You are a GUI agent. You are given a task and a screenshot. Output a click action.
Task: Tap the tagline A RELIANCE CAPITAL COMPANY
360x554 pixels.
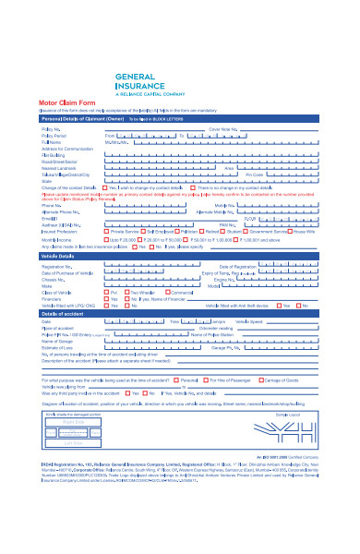pyautogui.click(x=147, y=94)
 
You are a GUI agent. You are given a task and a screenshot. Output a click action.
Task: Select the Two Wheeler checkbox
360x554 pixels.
pyautogui.click(x=136, y=293)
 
